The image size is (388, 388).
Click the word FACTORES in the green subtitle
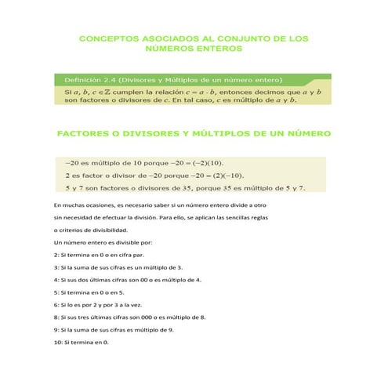coord(85,134)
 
